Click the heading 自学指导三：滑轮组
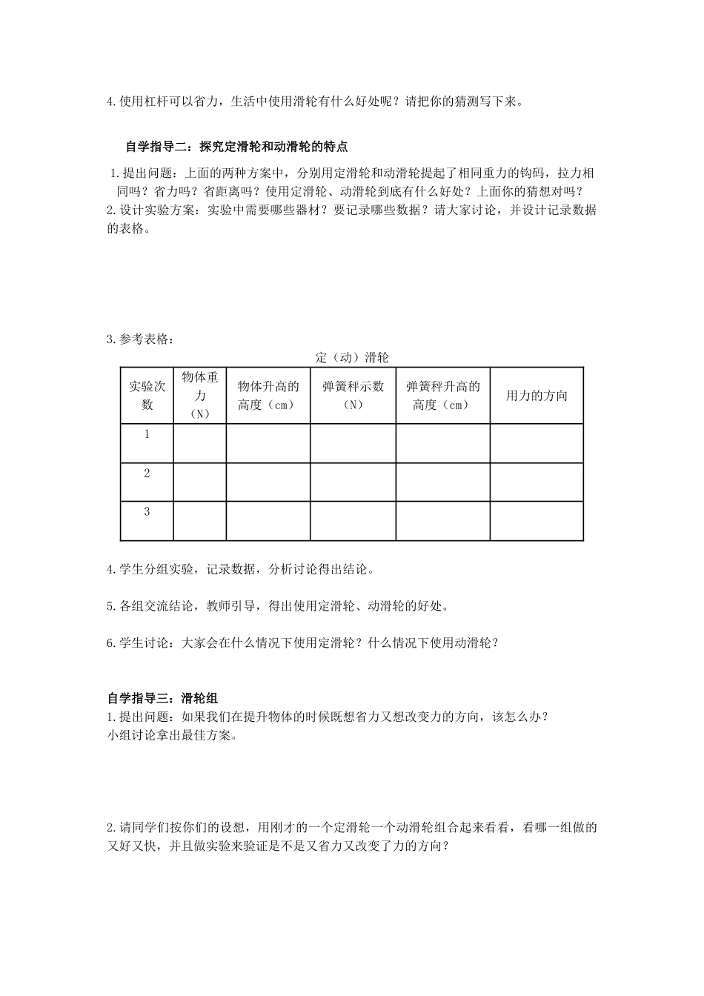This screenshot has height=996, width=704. [162, 697]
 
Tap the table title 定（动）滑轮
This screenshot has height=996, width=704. [351, 357]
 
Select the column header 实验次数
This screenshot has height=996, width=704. [147, 395]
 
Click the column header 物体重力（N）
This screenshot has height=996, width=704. [199, 395]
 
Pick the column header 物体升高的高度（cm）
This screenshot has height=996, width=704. [268, 395]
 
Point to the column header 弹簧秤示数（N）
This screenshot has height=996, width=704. [353, 395]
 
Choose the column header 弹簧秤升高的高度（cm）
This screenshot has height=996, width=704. [442, 395]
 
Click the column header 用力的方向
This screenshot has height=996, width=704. [537, 396]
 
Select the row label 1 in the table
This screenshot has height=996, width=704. [147, 434]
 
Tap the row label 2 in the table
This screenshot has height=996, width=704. [147, 473]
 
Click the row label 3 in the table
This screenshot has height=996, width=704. [147, 511]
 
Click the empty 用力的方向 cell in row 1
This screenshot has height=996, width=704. [537, 443]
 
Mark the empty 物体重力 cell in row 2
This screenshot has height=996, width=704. [199, 482]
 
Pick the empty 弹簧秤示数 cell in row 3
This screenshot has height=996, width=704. [353, 521]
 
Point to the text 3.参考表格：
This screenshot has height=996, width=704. [141, 339]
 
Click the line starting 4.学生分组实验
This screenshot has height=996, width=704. [241, 569]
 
